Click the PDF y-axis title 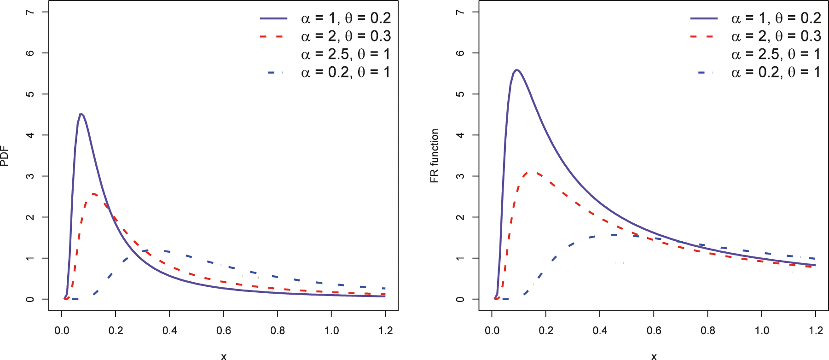coord(5,156)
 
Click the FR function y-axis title coord(435,156)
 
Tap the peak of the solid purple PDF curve coord(81,114)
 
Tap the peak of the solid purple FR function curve coord(517,70)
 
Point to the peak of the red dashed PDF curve coord(93,194)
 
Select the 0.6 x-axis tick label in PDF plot coord(224,331)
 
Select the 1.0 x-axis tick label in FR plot coord(762,331)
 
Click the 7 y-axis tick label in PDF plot coord(30,12)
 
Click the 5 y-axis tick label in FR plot coord(460,94)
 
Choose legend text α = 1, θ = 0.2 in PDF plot coord(345,18)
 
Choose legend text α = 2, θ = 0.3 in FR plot coord(776,36)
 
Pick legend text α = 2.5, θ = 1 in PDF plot coord(345,54)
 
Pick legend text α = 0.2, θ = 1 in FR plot coord(776,72)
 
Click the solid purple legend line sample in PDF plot coord(274,18)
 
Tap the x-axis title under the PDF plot coord(224,356)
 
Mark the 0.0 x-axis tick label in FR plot coord(492,331)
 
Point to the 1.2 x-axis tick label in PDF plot coord(385,331)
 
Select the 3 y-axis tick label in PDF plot coord(30,176)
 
